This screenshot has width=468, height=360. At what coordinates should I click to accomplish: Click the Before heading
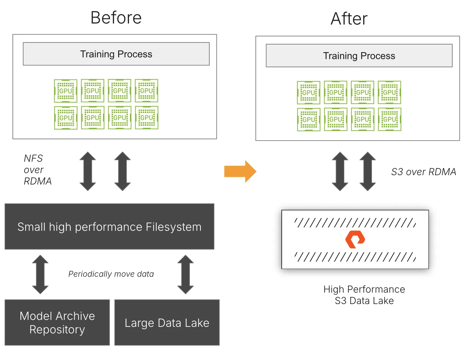coord(116,18)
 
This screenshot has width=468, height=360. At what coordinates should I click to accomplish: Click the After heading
coord(349,19)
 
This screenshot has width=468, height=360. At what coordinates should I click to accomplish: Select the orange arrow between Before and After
coord(240,171)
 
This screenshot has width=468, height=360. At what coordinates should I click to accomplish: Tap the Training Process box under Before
coord(116,54)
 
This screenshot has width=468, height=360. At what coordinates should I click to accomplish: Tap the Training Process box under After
coord(359,56)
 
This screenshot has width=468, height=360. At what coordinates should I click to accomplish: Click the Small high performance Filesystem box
coord(109,227)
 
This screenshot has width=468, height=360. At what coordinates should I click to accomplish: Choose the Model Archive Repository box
coord(57,322)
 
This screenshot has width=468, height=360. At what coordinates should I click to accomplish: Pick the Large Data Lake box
coord(167,322)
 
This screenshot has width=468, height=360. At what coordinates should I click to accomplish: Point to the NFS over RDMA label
coord(37,170)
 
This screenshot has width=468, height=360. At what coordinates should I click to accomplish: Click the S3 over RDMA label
coord(423,172)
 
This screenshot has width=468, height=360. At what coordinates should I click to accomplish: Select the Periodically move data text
coord(111,274)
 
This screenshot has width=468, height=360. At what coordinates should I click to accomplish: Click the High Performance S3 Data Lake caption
coord(364,295)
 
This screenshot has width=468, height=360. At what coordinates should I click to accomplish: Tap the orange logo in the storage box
coord(355,239)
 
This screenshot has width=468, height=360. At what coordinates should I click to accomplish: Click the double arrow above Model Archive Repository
coord(40,274)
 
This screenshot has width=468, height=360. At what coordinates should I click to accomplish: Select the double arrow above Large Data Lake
coord(186,274)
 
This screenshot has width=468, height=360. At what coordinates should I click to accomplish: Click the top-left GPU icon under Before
coord(66,91)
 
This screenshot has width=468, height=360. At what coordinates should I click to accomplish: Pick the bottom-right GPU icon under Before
coord(147,118)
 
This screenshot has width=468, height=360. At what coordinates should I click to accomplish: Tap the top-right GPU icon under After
coord(390,93)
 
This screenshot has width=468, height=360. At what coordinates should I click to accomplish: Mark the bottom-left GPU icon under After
coord(309,120)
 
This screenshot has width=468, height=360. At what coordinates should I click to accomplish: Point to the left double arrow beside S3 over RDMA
coord(340,171)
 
